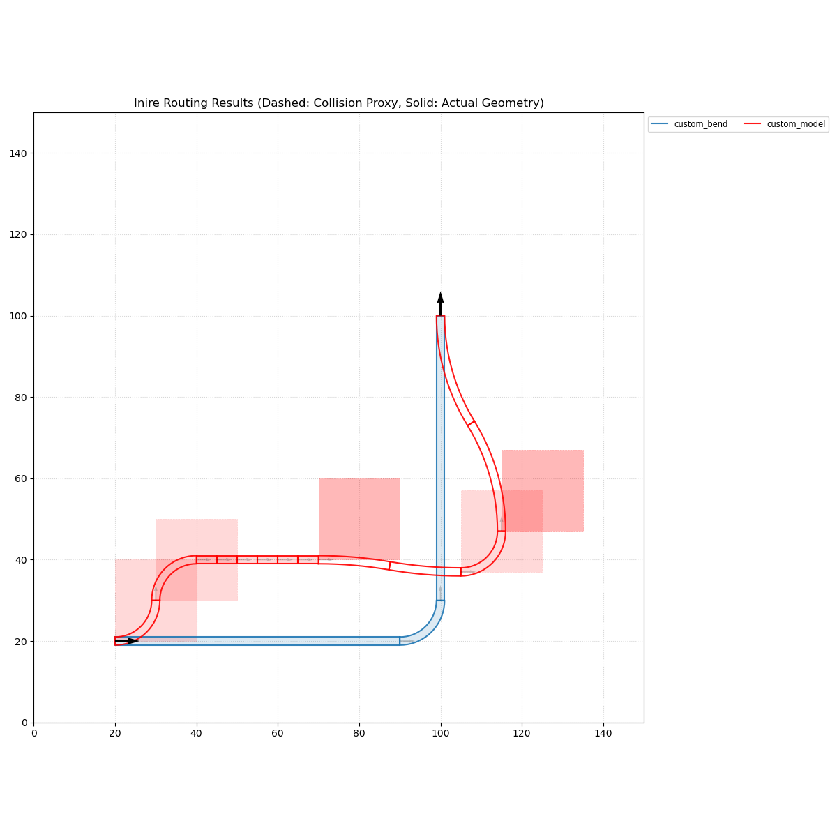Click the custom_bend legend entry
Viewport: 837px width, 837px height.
pos(700,124)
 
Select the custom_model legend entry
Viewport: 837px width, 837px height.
pos(796,124)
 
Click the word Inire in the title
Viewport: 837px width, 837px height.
pos(148,103)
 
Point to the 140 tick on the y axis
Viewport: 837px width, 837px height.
pos(33,153)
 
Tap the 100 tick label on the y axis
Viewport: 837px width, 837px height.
pos(20,316)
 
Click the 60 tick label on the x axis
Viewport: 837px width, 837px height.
pos(278,733)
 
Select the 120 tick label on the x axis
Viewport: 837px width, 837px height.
pos(522,733)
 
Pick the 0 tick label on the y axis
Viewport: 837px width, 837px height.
pos(25,723)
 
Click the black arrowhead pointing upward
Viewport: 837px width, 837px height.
pos(440,298)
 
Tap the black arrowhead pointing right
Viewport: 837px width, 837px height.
pos(133,641)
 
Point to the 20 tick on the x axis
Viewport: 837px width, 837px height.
pos(115,723)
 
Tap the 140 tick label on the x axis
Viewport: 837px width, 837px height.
pos(603,733)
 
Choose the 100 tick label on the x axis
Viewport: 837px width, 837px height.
pos(440,733)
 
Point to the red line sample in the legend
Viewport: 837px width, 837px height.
pos(753,124)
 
